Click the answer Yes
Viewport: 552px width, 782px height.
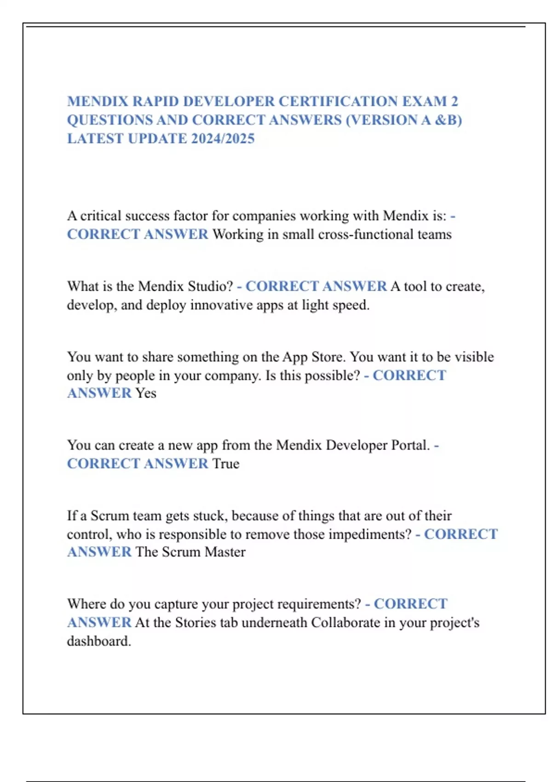pyautogui.click(x=145, y=393)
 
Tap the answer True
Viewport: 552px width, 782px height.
pyautogui.click(x=225, y=464)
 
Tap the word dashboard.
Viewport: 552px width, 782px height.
pyautogui.click(x=99, y=641)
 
